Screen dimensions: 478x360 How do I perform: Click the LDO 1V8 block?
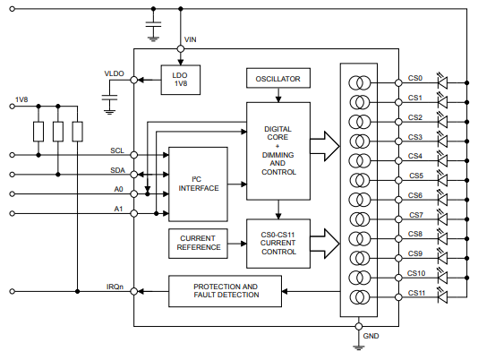pyautogui.click(x=181, y=80)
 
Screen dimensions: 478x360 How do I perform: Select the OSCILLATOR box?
pyautogui.click(x=278, y=78)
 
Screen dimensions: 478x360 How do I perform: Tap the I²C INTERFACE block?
pyautogui.click(x=198, y=184)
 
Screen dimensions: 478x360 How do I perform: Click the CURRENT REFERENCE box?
pyautogui.click(x=198, y=244)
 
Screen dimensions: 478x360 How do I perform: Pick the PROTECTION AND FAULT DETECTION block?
pyautogui.click(x=225, y=291)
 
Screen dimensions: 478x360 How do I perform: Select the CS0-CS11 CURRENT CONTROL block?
pyautogui.click(x=278, y=244)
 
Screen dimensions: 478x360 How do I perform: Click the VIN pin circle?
pyautogui.click(x=181, y=49)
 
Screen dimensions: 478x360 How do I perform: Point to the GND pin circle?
pyautogui.click(x=359, y=327)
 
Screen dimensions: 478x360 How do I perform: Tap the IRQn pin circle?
pyautogui.click(x=134, y=291)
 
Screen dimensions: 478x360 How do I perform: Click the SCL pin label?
pyautogui.click(x=117, y=150)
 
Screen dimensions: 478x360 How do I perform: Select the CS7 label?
pyautogui.click(x=416, y=215)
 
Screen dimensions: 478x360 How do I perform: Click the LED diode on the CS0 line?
pyautogui.click(x=442, y=82)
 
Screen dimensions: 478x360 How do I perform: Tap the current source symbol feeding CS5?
pyautogui.click(x=360, y=180)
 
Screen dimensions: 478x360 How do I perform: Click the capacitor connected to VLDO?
pyautogui.click(x=109, y=98)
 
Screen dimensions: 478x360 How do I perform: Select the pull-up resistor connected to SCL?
pyautogui.click(x=38, y=132)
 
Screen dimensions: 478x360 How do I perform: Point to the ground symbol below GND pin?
pyautogui.click(x=359, y=347)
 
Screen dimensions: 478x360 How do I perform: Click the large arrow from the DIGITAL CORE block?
pyautogui.click(x=325, y=146)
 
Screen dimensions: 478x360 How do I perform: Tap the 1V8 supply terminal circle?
pyautogui.click(x=13, y=107)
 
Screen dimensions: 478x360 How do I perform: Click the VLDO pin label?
pyautogui.click(x=115, y=73)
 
